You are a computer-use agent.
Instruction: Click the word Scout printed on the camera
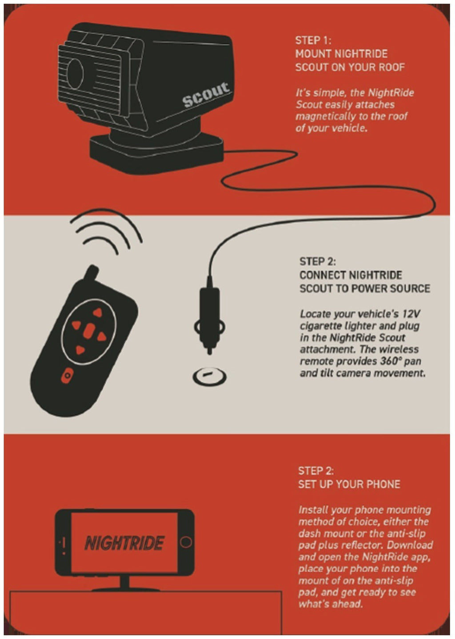click(206, 94)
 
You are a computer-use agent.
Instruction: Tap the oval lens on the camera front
click(75, 74)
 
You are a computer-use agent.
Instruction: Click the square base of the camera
click(157, 154)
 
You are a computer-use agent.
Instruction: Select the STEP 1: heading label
click(313, 40)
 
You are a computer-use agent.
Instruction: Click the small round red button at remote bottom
click(67, 376)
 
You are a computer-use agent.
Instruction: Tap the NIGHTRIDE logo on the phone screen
click(124, 542)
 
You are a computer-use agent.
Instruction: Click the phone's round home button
click(186, 542)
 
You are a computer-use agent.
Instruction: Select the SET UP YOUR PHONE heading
click(349, 484)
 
